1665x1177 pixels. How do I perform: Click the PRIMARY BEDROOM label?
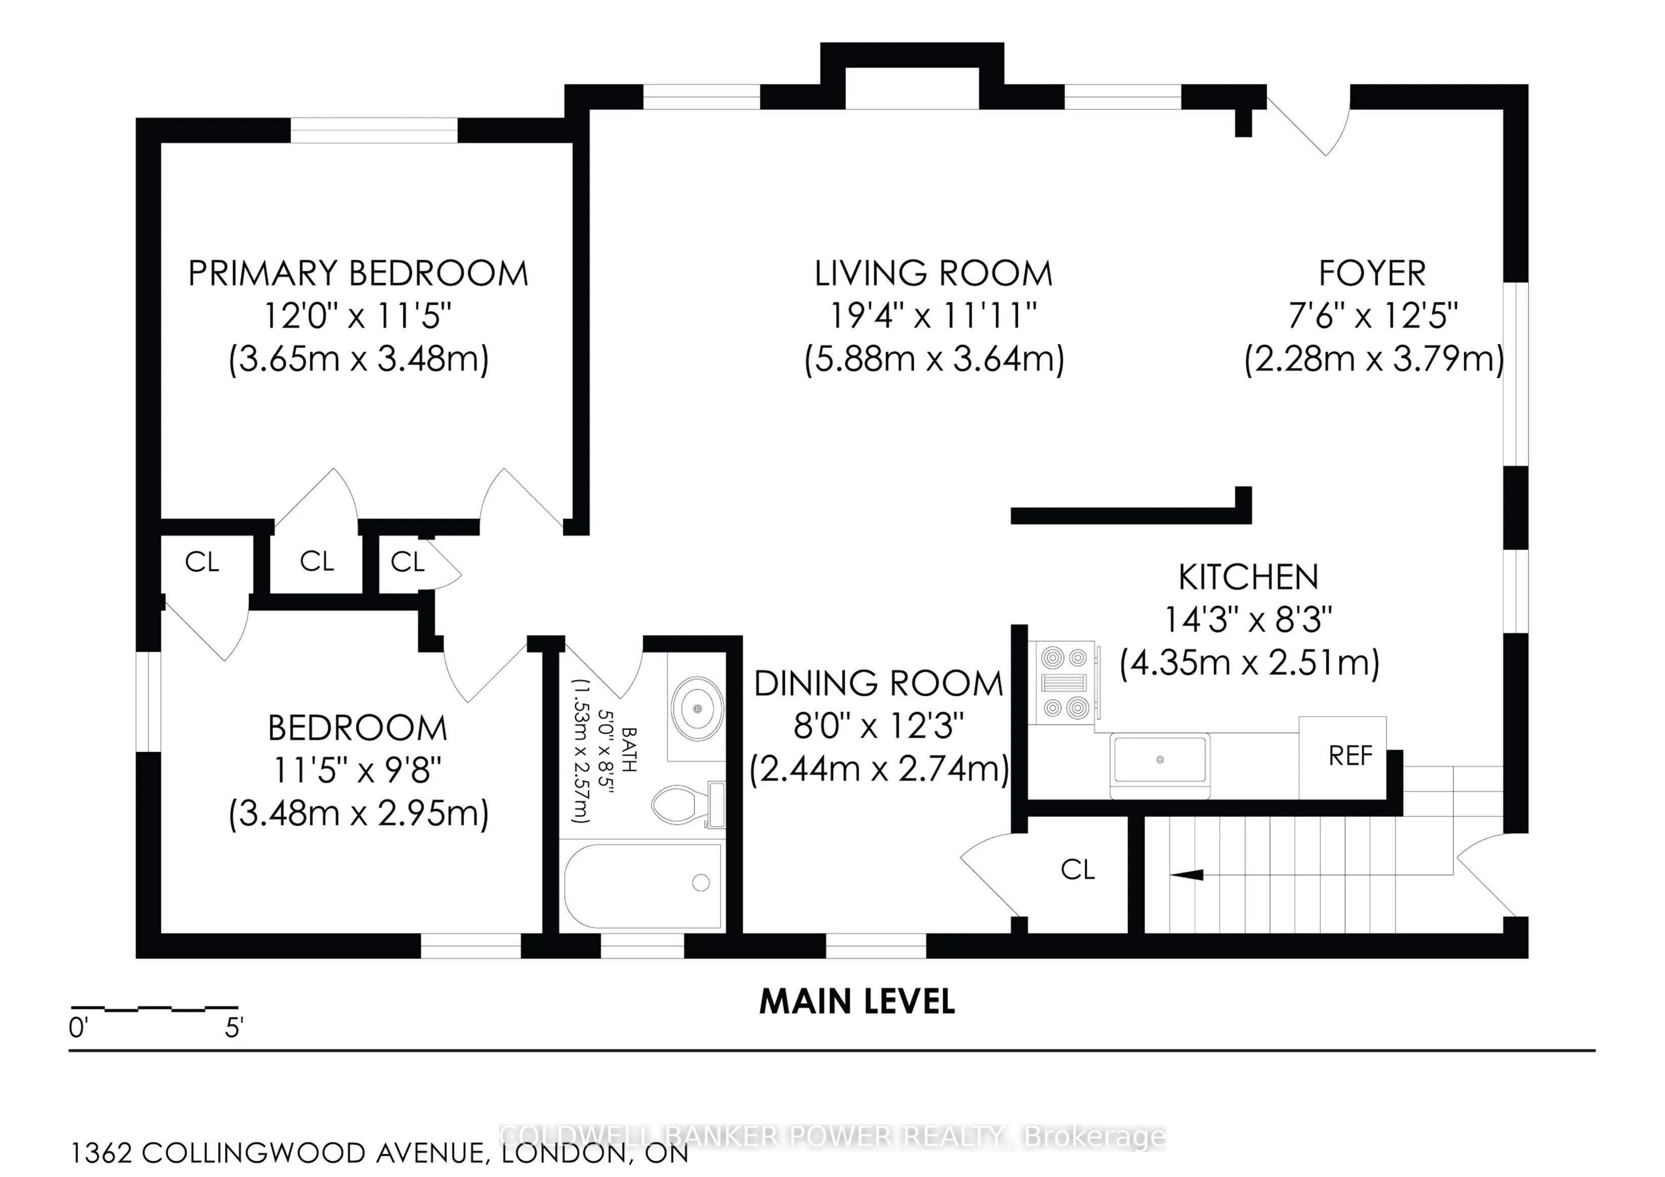coord(358,274)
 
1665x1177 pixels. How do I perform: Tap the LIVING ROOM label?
coord(933,274)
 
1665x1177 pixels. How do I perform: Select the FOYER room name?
coord(1372,274)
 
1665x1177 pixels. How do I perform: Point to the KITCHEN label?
coord(1248,577)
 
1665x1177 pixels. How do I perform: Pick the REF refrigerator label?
coord(1350,756)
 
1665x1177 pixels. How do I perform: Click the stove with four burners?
coord(1066,683)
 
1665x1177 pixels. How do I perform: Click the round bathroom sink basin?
coord(697,708)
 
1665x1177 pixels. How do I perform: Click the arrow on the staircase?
coord(1186,875)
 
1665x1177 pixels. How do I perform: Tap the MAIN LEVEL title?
coord(857,1002)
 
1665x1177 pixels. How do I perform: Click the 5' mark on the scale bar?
coord(234,1028)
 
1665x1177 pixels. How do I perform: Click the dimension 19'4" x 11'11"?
coord(933,315)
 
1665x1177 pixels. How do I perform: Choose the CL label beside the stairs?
coord(1078,870)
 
